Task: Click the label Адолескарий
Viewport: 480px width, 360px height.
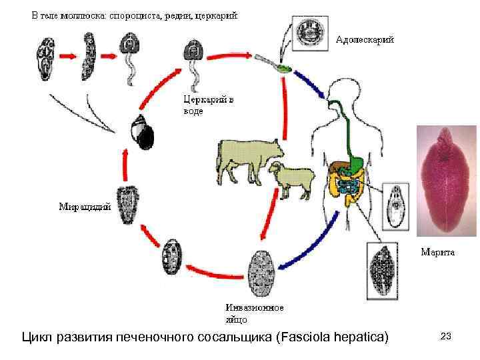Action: [x=364, y=39]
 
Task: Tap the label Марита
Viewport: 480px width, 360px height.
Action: [x=437, y=252]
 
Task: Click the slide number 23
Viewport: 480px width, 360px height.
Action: [x=446, y=337]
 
